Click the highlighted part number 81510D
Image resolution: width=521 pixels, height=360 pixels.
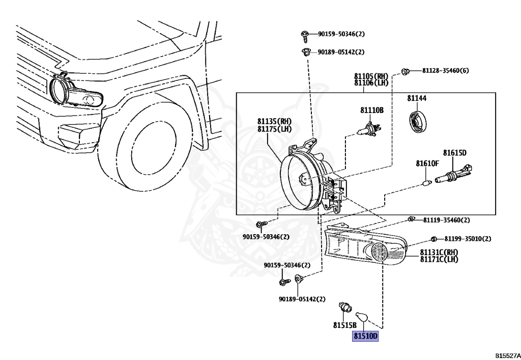pos(365,336)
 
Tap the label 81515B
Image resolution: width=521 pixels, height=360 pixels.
pos(345,325)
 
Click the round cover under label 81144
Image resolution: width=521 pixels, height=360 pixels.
pos(417,122)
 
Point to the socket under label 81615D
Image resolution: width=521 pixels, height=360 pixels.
pos(454,174)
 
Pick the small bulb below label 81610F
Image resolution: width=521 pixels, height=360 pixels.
pos(427,182)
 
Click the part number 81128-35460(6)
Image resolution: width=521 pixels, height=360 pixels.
pos(446,70)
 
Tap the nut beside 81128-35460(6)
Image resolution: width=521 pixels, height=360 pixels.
pos(405,71)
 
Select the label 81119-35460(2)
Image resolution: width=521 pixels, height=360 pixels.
pos(447,220)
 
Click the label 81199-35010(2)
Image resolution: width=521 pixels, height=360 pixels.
pos(468,239)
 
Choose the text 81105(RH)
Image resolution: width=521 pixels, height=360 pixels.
pos(371,76)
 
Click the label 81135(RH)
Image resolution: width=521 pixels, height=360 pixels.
pos(274,121)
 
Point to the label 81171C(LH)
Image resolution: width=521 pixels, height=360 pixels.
pos(439,259)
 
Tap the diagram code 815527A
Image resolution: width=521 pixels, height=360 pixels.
pos(508,355)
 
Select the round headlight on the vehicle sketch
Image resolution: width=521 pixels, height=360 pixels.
pos(60,89)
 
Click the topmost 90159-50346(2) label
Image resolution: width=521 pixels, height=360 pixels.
pos(341,34)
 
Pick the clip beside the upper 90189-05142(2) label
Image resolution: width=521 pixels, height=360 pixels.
pos(306,52)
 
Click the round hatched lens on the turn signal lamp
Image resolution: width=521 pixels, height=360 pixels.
pos(379,252)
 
